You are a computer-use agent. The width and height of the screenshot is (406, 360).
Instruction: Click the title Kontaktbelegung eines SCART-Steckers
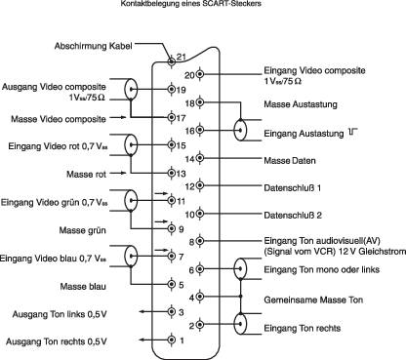point(203,6)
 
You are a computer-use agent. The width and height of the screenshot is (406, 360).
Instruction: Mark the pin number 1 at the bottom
point(181,340)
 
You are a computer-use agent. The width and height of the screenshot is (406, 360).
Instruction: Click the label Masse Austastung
point(301,102)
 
